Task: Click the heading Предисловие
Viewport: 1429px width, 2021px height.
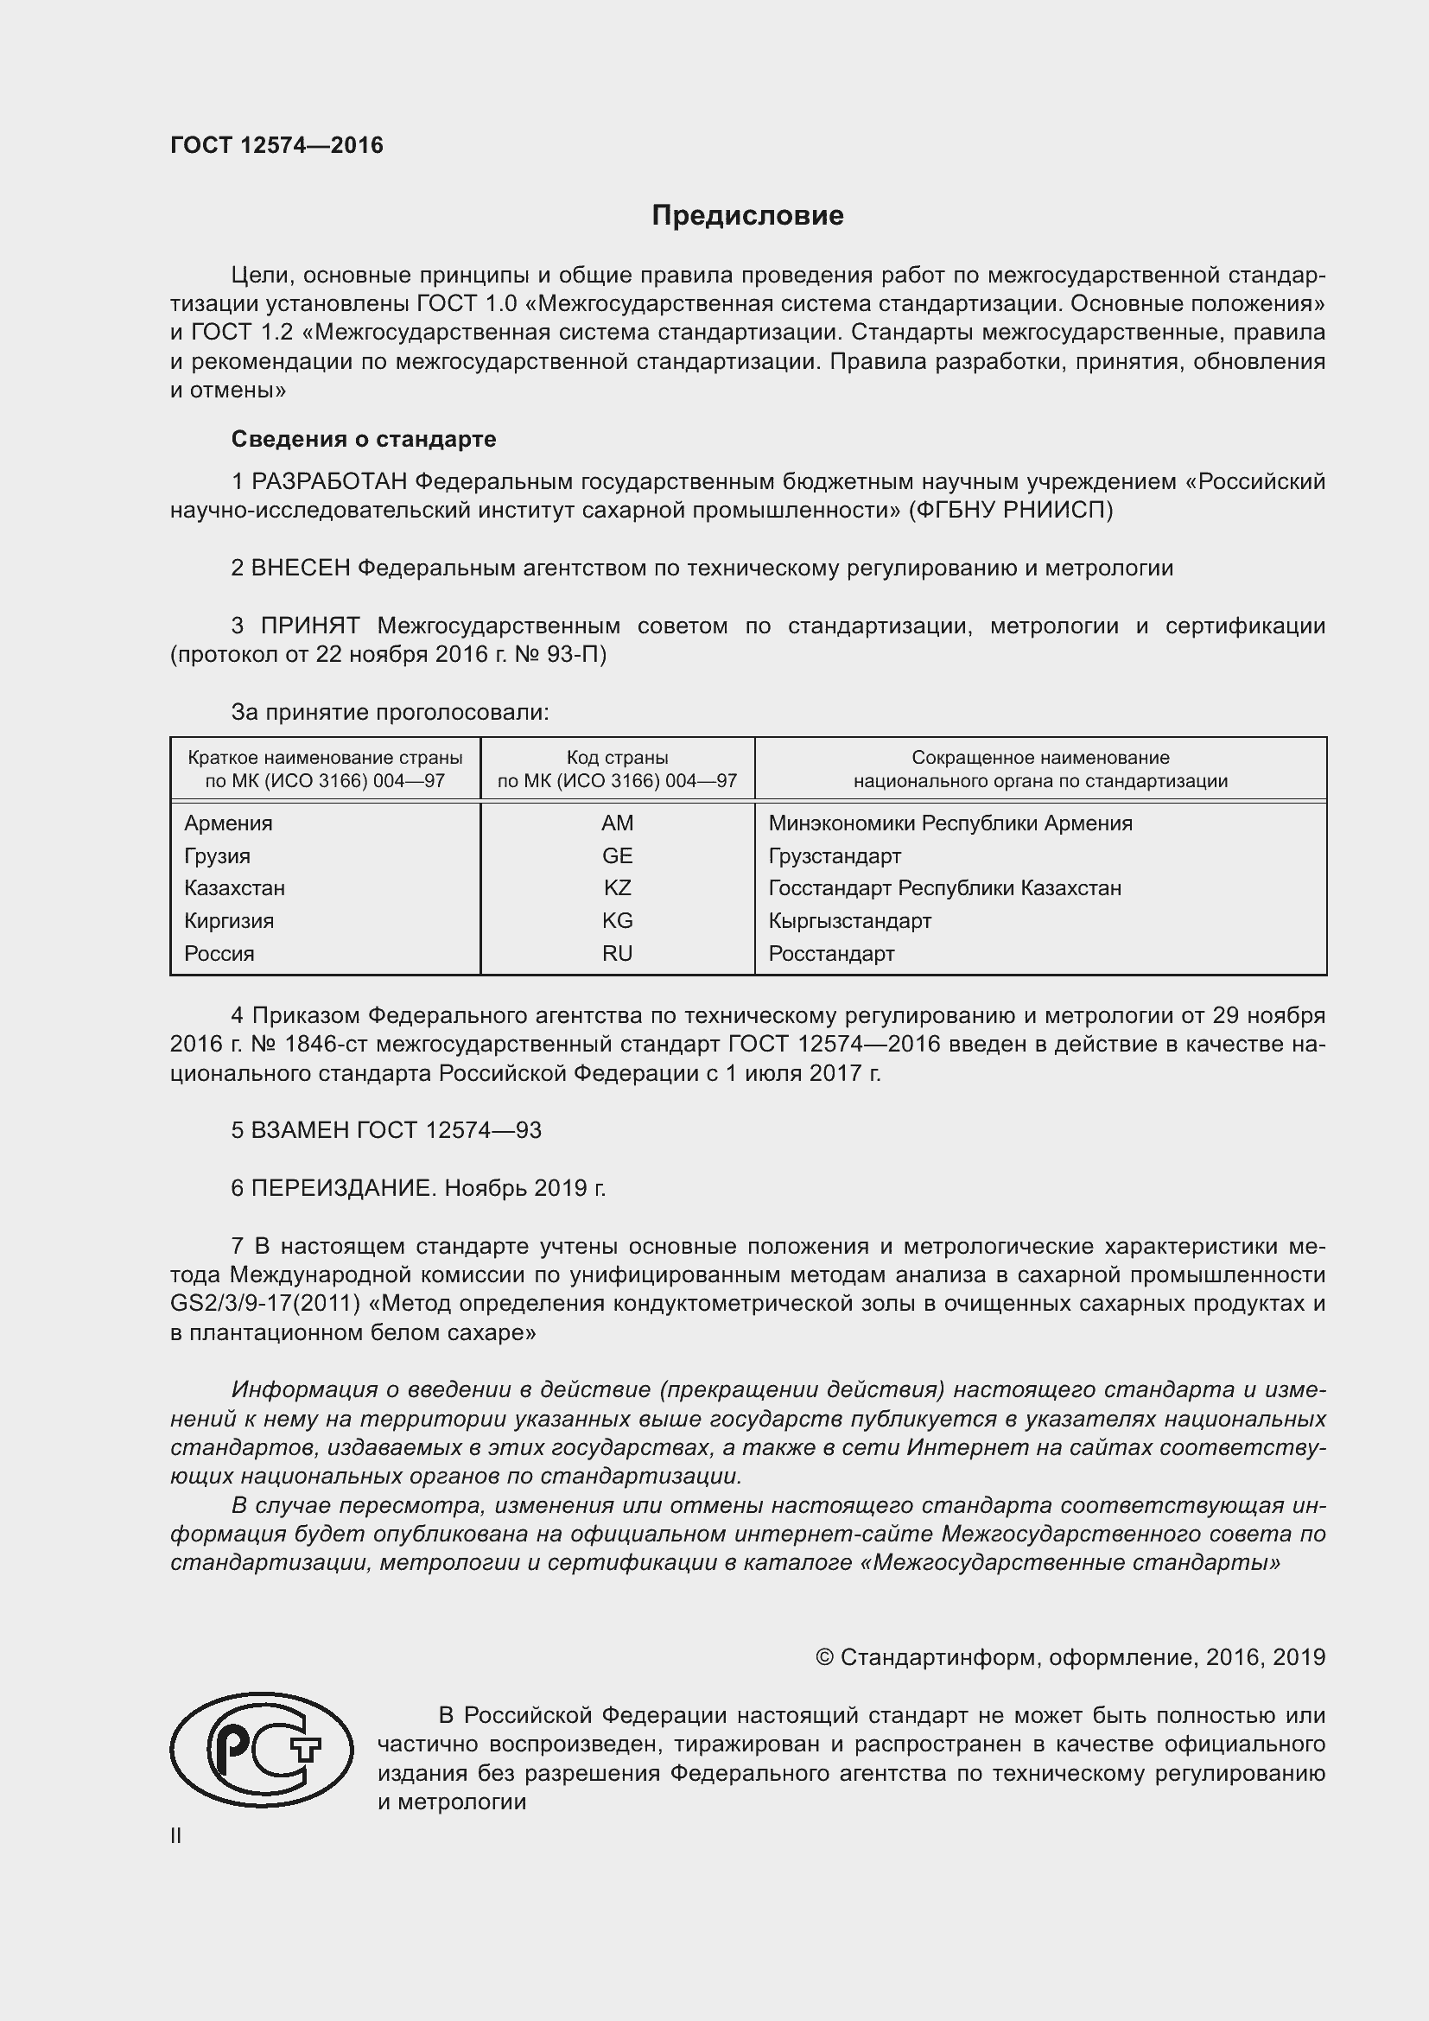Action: coord(747,216)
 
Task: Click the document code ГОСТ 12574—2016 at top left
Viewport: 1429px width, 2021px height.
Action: coord(276,145)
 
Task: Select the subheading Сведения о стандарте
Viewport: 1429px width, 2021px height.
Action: coord(364,438)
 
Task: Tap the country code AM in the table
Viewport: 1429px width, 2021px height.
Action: coord(617,823)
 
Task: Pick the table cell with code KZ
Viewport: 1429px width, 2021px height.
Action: coord(617,887)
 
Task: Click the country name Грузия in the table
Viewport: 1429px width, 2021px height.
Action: coord(218,855)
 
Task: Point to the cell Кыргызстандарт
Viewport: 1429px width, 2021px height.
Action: coord(849,921)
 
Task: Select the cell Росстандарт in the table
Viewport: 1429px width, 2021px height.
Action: coord(830,953)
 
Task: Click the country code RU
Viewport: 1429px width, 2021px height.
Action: coord(617,953)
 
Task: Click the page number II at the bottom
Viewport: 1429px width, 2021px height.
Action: coord(176,1835)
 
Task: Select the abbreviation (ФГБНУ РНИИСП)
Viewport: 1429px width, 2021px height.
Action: coord(1011,510)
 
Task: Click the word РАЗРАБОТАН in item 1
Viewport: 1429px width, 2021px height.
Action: coord(329,481)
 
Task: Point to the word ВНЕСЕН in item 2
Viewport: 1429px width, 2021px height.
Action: coord(300,568)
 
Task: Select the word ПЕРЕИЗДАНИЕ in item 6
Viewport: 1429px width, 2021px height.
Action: coord(343,1188)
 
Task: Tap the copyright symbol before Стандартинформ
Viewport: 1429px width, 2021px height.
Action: coord(824,1657)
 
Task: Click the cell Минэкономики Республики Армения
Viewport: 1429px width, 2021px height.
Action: coord(949,823)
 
